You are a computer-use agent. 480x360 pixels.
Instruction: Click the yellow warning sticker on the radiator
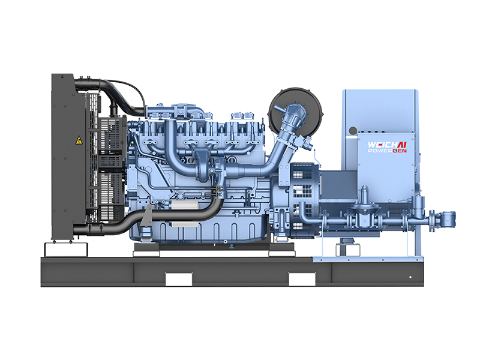79,140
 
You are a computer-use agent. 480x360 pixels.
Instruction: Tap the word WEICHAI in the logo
387,145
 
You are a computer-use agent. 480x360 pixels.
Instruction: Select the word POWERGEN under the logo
387,151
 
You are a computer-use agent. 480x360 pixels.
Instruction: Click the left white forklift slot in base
179,279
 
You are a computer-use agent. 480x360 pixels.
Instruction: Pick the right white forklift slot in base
302,279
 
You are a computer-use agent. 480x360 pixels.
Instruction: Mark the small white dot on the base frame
410,277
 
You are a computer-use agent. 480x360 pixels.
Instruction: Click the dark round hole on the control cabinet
353,130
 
